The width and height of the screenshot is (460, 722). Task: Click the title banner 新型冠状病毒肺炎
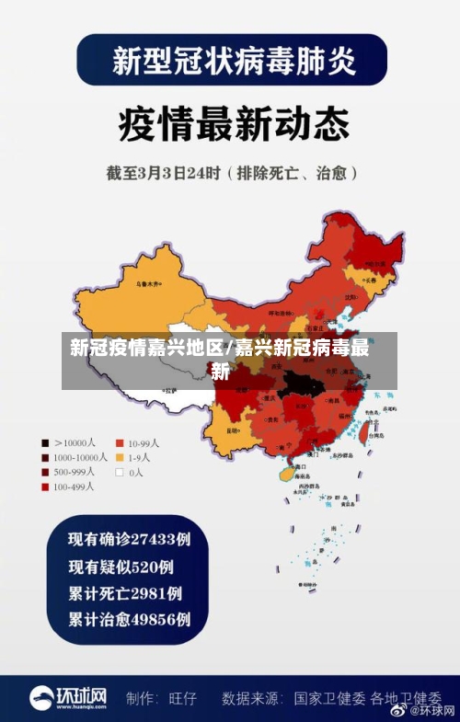230,61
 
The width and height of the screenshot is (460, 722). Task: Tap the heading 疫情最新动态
230,123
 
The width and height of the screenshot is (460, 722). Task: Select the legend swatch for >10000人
44,442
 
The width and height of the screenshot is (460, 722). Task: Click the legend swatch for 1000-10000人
44,457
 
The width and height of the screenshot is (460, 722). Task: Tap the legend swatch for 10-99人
119,442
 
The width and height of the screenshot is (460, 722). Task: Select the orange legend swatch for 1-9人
119,457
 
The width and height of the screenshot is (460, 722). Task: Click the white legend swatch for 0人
119,472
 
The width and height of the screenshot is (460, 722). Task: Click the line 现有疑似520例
121,567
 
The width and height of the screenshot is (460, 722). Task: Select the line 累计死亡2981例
125,593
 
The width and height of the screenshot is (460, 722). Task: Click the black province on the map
300,382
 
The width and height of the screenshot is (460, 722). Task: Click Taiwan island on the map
374,422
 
